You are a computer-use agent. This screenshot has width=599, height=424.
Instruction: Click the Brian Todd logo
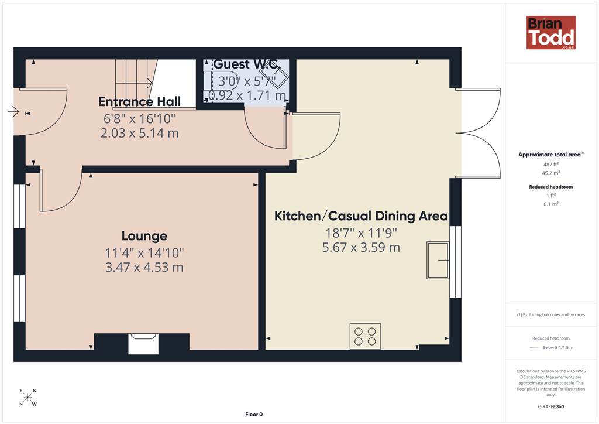551,32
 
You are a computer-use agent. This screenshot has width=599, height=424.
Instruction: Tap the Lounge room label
144,236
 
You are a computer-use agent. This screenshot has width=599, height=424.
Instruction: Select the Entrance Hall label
139,102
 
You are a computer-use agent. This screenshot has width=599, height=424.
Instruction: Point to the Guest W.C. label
246,64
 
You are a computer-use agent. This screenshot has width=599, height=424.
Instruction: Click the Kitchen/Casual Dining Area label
361,216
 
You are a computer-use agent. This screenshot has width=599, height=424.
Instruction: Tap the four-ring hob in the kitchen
365,336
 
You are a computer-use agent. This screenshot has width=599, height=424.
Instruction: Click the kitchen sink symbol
438,260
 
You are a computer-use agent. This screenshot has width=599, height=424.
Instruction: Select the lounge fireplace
143,344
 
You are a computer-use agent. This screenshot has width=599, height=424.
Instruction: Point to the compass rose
27,397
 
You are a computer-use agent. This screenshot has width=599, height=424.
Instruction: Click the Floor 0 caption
254,415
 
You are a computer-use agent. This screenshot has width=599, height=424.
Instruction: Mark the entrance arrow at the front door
13,112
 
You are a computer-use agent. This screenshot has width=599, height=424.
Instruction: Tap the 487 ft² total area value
551,165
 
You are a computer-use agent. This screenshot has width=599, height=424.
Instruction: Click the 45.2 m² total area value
551,173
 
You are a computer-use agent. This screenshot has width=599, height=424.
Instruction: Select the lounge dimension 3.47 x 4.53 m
144,267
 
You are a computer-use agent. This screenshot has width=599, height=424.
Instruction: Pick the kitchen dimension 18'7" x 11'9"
361,233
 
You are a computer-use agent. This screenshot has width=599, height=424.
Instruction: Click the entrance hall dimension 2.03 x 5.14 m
139,133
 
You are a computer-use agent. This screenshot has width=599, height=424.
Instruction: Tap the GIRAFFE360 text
551,406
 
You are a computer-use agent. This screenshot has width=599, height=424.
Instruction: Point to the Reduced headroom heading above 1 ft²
551,187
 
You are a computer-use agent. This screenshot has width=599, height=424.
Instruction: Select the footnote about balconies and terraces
551,314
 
